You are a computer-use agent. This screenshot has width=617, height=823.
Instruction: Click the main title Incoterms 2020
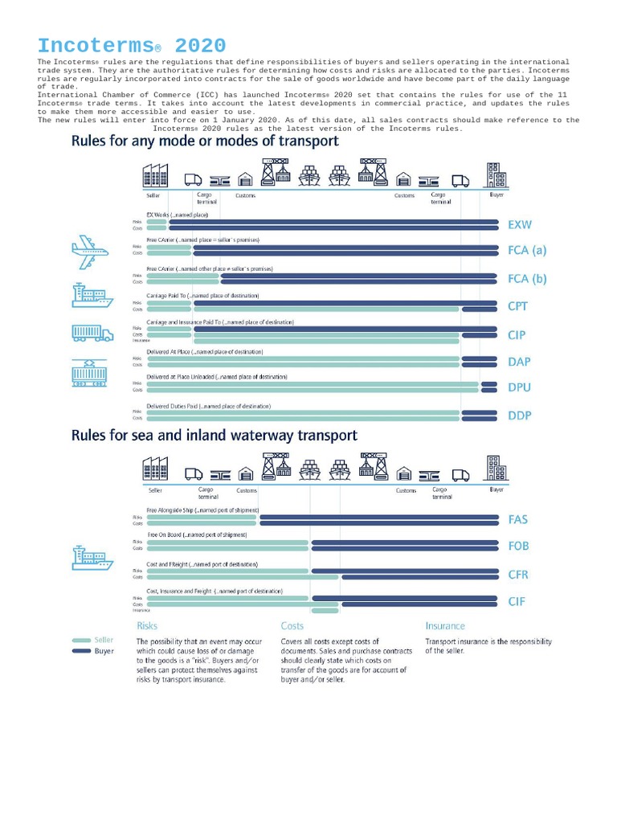131,46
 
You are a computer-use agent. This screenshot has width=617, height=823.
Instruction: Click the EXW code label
521,224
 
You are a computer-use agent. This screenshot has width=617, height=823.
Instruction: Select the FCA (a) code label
527,250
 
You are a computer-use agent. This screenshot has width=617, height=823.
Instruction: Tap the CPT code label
519,306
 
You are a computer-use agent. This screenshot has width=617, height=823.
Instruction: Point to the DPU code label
519,387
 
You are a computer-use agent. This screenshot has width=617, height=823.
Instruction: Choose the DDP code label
520,416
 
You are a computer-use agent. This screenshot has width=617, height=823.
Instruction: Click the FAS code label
518,519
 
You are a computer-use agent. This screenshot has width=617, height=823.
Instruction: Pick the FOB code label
519,546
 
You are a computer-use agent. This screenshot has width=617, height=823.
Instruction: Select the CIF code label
517,600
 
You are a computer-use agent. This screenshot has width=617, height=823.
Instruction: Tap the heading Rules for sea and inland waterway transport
215,436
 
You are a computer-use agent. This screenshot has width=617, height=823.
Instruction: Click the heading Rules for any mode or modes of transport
205,141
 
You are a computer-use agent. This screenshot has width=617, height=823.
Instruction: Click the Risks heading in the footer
147,625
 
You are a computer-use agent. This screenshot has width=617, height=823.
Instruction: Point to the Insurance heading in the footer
445,625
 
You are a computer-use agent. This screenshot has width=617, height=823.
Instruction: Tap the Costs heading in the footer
292,625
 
